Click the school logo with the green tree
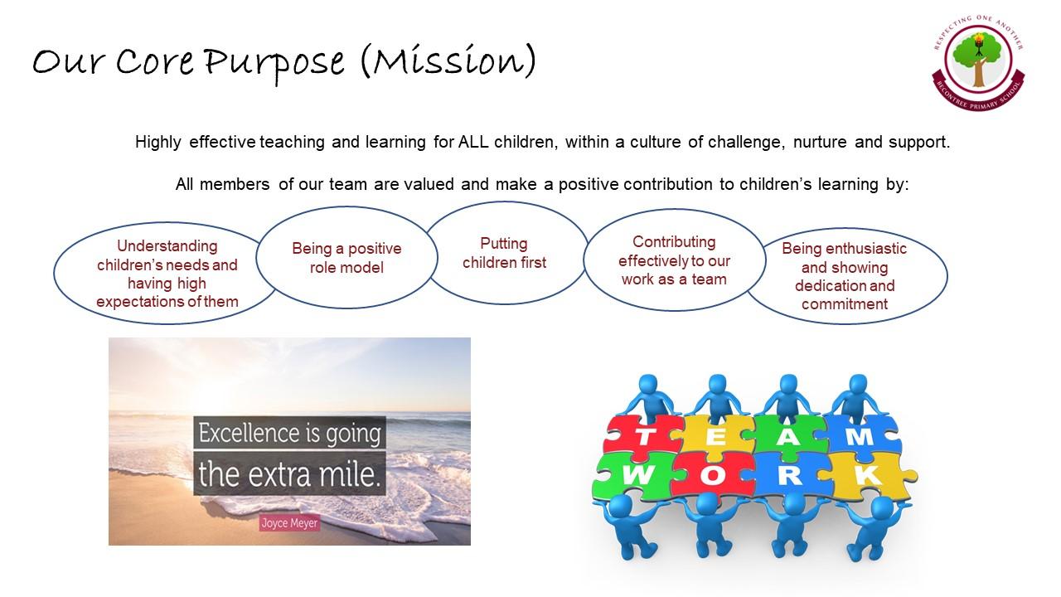979,63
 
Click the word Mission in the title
448,61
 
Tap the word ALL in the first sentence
473,142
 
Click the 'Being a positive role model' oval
346,258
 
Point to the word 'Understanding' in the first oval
167,246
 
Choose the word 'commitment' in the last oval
845,303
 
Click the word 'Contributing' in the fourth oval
674,241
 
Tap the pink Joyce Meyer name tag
289,523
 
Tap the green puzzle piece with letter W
635,476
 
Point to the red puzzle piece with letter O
712,476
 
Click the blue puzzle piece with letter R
789,476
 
